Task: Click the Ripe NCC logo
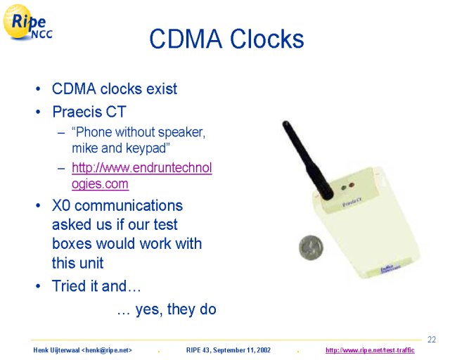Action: click(x=27, y=22)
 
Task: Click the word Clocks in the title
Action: click(x=267, y=39)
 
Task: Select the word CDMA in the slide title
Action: click(x=186, y=39)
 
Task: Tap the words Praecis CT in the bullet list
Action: click(x=89, y=111)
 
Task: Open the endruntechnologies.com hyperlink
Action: click(x=142, y=175)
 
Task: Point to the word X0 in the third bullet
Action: click(x=61, y=205)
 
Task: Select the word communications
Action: click(x=129, y=205)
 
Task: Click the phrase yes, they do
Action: click(x=176, y=309)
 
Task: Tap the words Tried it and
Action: click(x=89, y=286)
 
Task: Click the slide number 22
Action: click(x=431, y=340)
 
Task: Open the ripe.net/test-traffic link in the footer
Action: click(x=370, y=350)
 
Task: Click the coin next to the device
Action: click(x=311, y=247)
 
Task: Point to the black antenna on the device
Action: click(x=307, y=160)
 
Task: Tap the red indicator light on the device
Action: click(x=351, y=185)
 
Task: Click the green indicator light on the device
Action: click(x=344, y=188)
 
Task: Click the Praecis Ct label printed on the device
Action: click(x=352, y=202)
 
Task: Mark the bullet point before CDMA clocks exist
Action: click(x=38, y=89)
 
